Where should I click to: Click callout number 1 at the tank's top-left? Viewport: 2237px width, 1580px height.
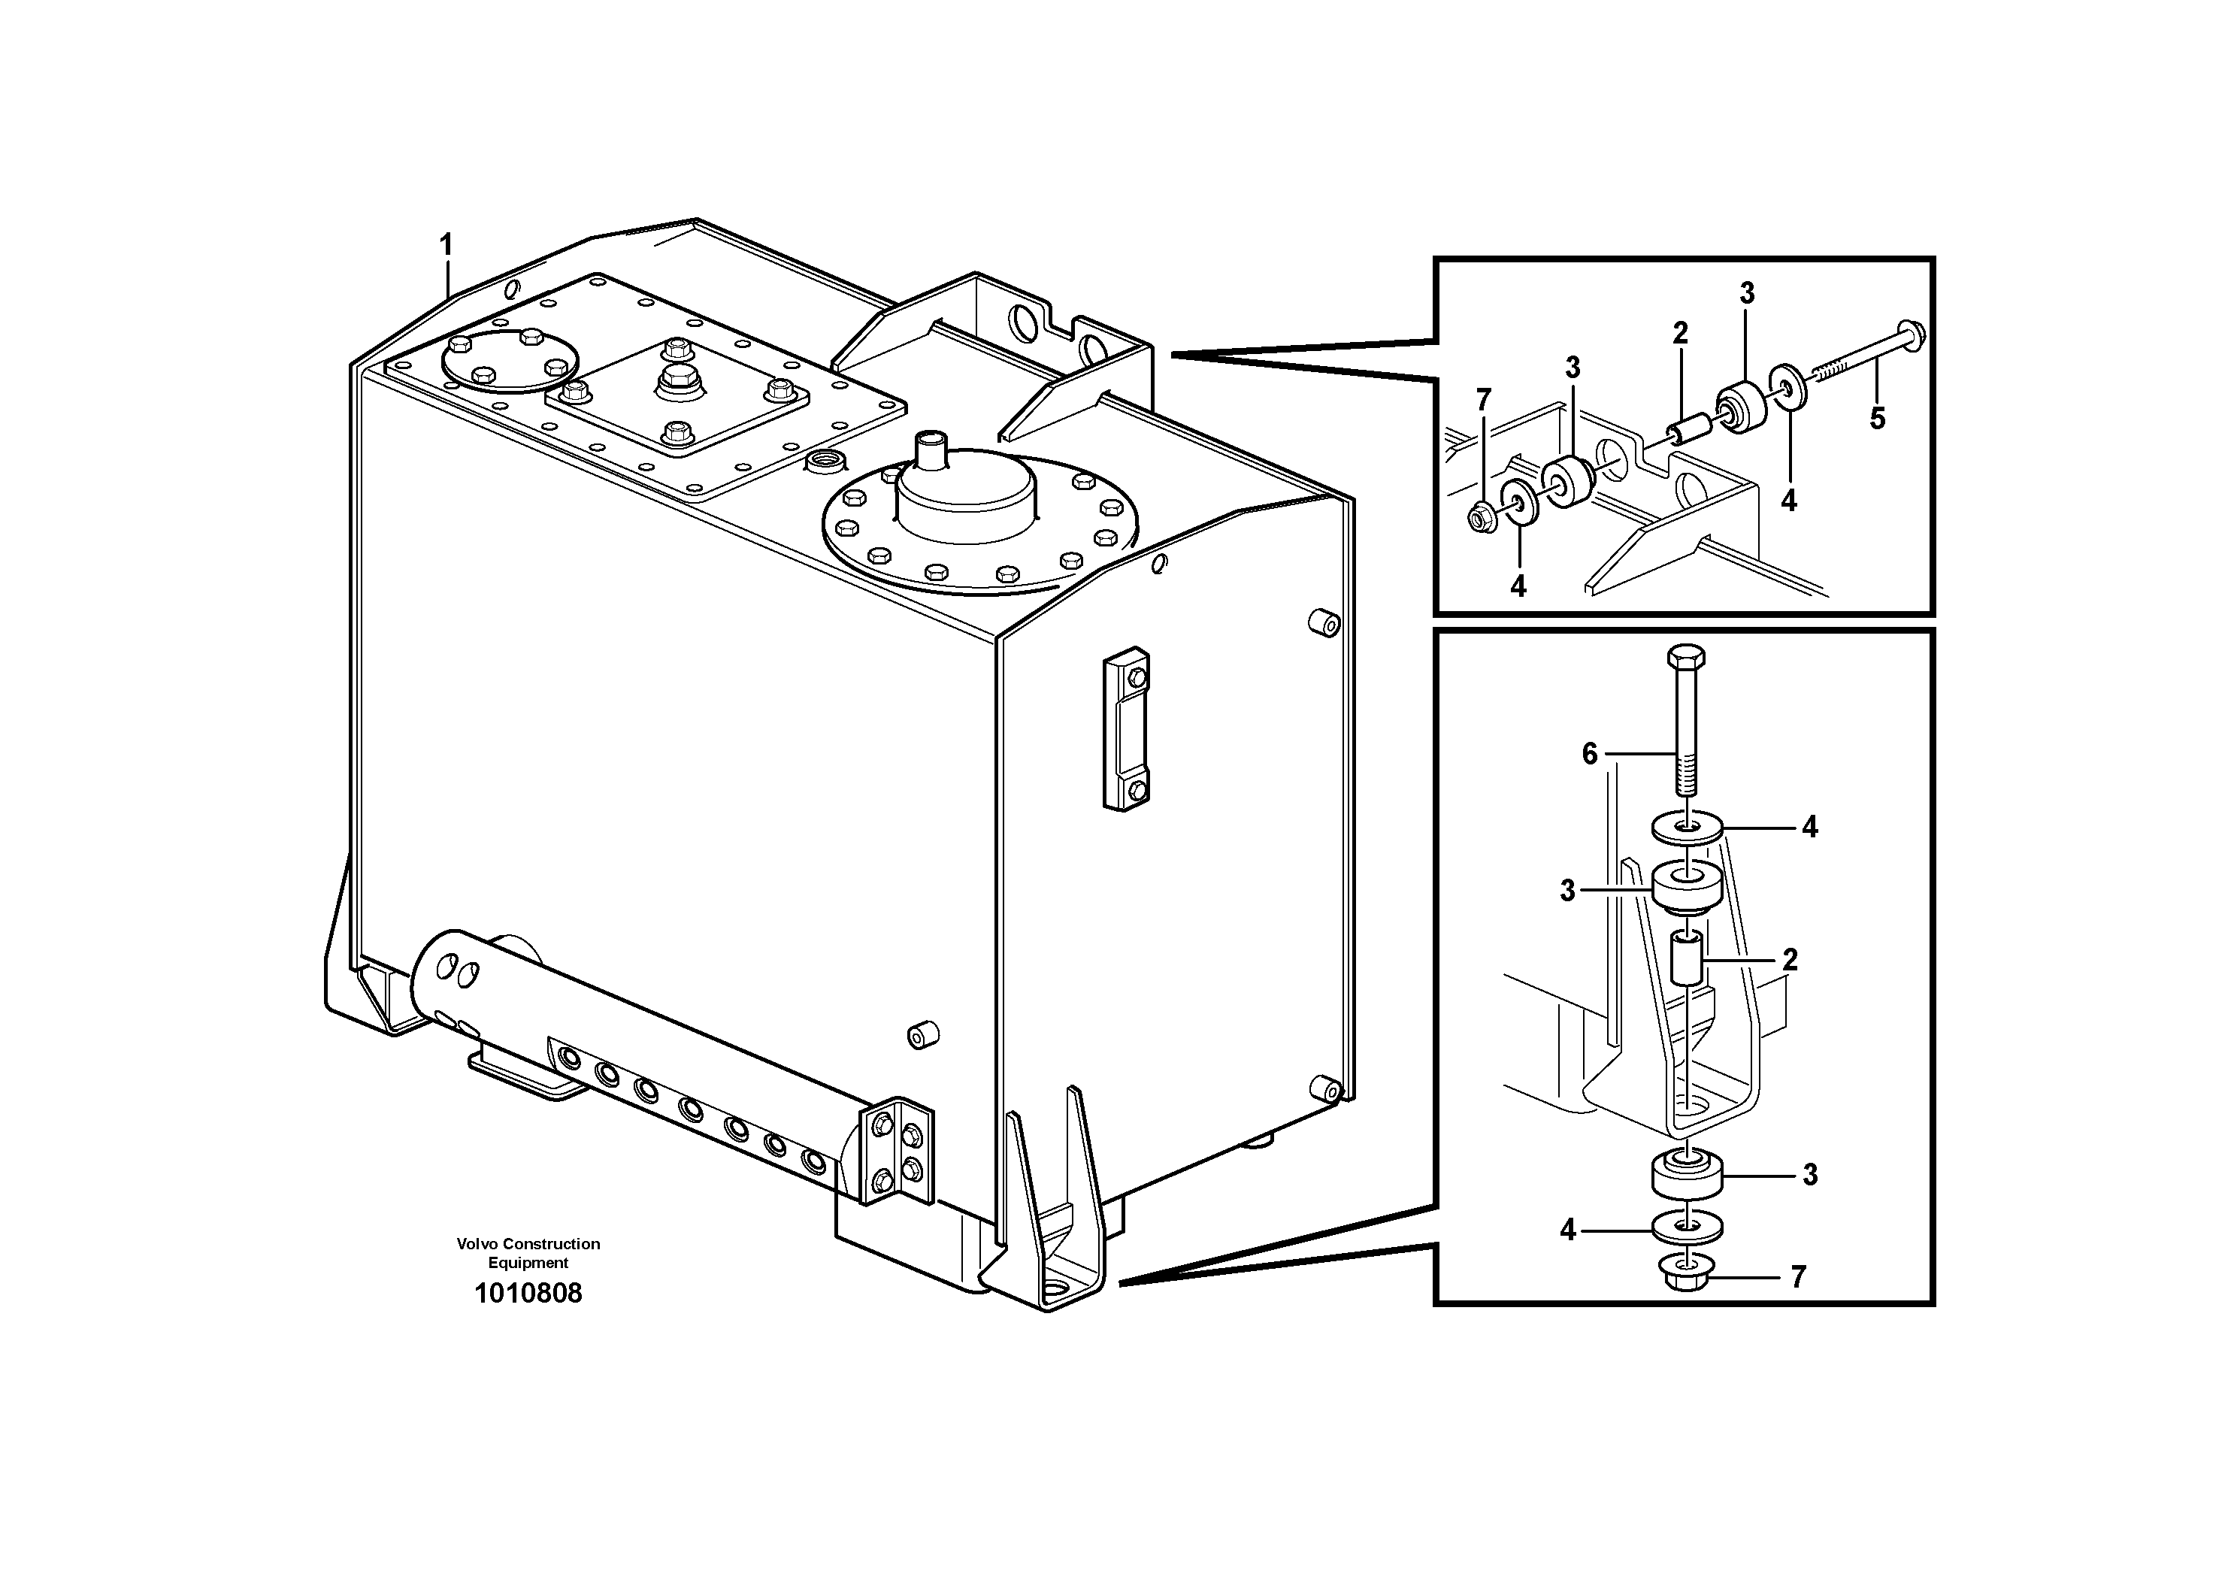coord(446,244)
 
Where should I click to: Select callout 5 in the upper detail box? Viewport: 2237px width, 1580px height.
coord(1876,419)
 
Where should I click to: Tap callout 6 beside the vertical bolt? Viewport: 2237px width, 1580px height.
coord(1590,753)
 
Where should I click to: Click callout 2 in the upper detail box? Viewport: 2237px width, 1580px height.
coord(1680,333)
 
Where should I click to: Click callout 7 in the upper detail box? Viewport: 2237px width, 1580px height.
coord(1483,399)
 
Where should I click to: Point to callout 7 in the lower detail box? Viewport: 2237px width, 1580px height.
coord(1797,1276)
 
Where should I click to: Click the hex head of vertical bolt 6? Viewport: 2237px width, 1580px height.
coord(1685,655)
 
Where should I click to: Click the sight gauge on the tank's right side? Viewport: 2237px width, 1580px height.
coord(1126,728)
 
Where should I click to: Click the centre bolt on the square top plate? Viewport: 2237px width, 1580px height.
coord(674,378)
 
